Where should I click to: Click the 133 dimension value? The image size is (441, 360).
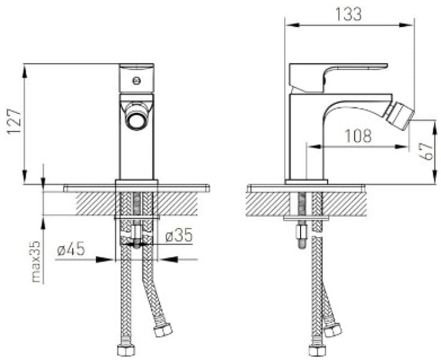(x=349, y=14)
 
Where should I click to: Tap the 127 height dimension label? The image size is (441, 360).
(x=14, y=122)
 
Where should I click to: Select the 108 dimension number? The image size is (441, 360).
(x=358, y=136)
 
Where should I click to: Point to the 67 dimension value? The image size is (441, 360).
(x=427, y=152)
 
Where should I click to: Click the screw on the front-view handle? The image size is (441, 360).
(x=136, y=81)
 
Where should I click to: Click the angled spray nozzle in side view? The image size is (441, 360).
(x=400, y=116)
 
